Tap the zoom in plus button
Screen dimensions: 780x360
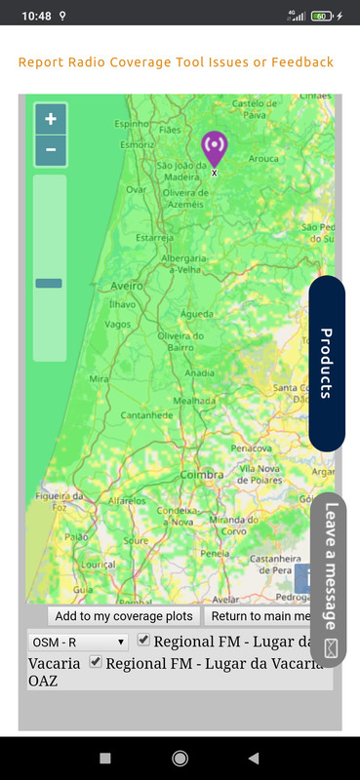pos(51,119)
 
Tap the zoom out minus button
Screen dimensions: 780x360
pos(51,150)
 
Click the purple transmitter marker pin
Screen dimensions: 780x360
pos(214,148)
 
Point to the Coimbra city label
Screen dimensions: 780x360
pos(202,475)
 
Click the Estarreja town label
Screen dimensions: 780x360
pos(154,237)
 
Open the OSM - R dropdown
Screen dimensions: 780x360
pos(79,643)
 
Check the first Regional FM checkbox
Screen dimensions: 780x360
pos(143,641)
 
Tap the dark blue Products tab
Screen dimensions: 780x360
pos(327,364)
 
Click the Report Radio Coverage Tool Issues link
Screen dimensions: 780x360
pos(176,62)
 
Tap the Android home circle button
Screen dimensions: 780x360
pos(180,758)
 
